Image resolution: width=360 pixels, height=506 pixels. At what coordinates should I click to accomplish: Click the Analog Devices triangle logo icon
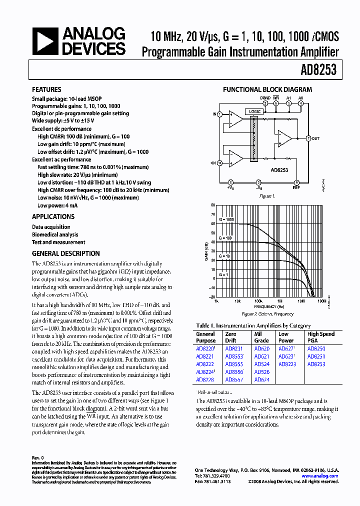tap(44, 42)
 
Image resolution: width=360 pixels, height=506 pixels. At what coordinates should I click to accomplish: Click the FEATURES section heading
tap(46, 89)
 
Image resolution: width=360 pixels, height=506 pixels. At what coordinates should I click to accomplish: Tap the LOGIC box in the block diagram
tap(253, 111)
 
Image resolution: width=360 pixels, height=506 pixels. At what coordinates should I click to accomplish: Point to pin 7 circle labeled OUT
tap(308, 138)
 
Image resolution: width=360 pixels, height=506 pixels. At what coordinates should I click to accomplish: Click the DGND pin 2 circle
tap(265, 103)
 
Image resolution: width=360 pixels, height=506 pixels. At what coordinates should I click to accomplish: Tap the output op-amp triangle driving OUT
tap(284, 138)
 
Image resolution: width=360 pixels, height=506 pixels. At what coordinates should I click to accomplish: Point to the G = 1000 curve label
tap(226, 220)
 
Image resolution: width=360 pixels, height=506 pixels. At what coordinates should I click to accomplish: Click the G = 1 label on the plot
tap(223, 274)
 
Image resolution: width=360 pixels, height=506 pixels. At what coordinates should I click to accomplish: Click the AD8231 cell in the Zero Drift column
tap(233, 349)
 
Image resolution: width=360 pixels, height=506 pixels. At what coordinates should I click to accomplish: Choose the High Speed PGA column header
tap(321, 337)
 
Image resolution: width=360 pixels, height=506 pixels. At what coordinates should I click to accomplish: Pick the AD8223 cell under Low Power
tap(287, 364)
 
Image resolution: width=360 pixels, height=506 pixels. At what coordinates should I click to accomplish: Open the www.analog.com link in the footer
tap(319, 476)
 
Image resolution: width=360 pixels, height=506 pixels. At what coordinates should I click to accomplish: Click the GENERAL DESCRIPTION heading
tap(65, 253)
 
